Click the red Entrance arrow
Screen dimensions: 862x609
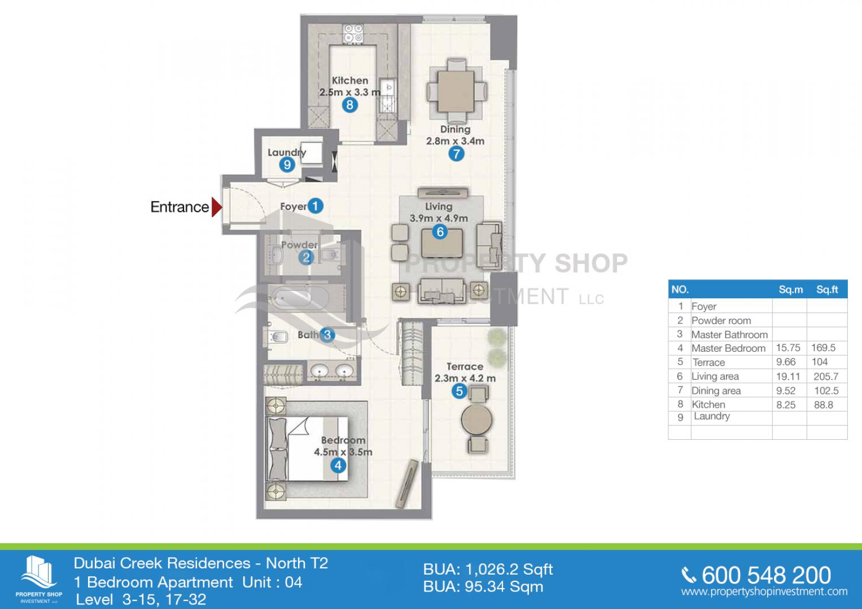pos(217,208)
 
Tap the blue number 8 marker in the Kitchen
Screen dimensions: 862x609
pos(350,105)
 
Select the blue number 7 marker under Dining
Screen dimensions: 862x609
pos(456,154)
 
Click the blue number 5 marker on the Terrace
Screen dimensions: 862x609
pos(459,391)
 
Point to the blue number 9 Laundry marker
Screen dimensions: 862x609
pos(287,165)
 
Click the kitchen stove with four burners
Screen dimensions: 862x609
pos(353,33)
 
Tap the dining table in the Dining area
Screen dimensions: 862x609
pos(456,91)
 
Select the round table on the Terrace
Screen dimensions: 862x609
pos(476,420)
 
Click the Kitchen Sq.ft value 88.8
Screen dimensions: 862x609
pos(824,405)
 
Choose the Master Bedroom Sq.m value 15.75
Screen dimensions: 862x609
pos(788,348)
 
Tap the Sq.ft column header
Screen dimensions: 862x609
pos(827,289)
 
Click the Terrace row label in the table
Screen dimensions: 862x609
pos(708,363)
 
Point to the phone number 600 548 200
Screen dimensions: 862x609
pos(766,576)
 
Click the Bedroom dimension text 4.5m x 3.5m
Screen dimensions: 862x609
pos(343,452)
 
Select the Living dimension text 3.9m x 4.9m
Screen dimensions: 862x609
pos(439,218)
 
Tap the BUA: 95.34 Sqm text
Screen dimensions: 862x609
pos(483,587)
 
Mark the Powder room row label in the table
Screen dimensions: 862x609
pos(721,321)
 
